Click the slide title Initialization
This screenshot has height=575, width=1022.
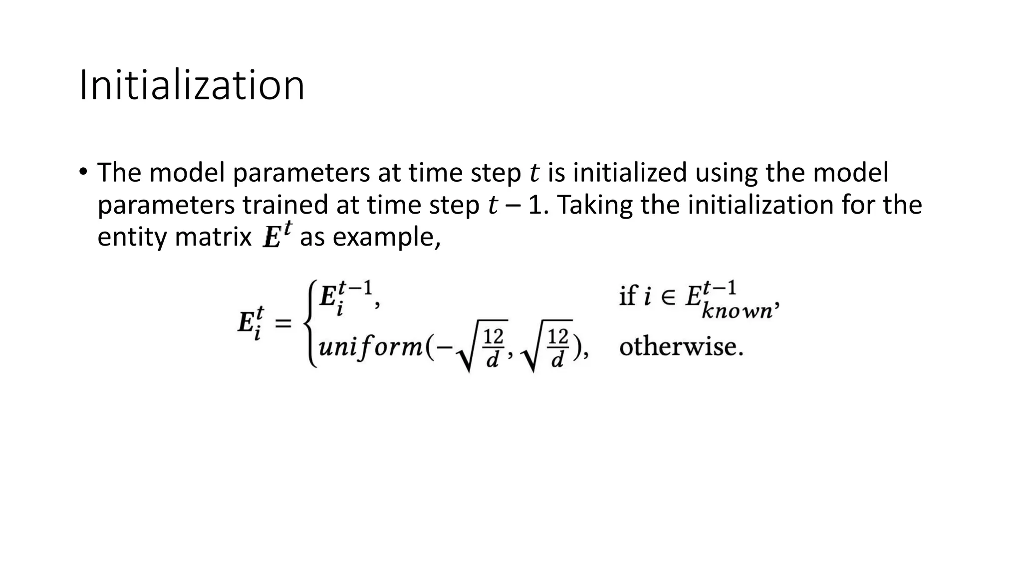[192, 86]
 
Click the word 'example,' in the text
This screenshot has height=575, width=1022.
[387, 237]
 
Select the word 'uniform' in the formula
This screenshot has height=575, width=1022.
[371, 346]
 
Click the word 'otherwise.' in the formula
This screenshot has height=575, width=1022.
[681, 346]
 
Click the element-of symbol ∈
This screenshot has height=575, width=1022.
[668, 297]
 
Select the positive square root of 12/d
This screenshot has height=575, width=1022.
[546, 346]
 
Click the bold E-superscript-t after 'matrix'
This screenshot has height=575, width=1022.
[277, 236]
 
